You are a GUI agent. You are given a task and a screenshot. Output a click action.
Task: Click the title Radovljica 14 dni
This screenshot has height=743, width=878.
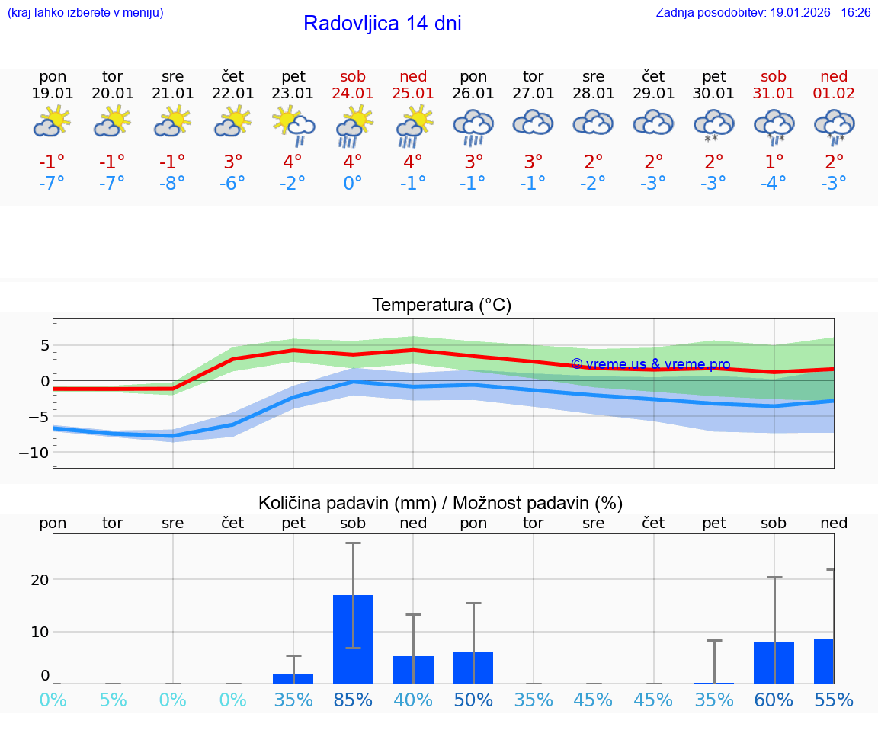(x=382, y=24)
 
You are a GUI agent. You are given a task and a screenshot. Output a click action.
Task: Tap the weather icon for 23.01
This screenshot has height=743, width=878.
(x=293, y=125)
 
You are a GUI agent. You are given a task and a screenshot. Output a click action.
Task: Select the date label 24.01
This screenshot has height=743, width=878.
(x=353, y=94)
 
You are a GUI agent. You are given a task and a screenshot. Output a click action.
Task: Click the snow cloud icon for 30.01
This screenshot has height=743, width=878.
(x=714, y=125)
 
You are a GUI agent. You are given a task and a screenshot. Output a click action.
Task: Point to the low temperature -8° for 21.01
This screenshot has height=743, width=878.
(x=173, y=184)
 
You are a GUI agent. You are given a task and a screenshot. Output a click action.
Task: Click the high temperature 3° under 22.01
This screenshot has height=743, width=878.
(x=233, y=162)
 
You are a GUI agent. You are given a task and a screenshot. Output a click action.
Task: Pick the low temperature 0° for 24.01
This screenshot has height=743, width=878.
(x=353, y=184)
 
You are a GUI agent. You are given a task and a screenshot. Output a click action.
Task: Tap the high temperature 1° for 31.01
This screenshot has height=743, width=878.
(x=774, y=162)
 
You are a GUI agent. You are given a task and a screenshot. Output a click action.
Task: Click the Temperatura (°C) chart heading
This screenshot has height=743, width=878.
(x=441, y=306)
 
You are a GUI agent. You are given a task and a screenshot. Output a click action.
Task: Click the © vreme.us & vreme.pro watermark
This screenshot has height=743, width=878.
(x=650, y=364)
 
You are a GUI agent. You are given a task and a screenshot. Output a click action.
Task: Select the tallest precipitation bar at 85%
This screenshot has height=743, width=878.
(x=353, y=639)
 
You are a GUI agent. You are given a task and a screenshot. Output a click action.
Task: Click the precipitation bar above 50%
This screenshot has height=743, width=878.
(x=473, y=667)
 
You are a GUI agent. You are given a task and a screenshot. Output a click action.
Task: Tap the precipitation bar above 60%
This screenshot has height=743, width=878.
(x=774, y=662)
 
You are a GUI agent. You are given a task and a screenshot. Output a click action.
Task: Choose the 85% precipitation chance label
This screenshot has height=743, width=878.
(x=353, y=700)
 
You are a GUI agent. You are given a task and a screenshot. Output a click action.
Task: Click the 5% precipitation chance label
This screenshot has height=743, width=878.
(x=113, y=700)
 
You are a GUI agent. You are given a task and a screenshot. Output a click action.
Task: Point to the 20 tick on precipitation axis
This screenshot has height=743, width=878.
(x=40, y=580)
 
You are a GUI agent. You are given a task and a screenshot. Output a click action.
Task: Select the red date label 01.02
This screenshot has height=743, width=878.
(x=834, y=94)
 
